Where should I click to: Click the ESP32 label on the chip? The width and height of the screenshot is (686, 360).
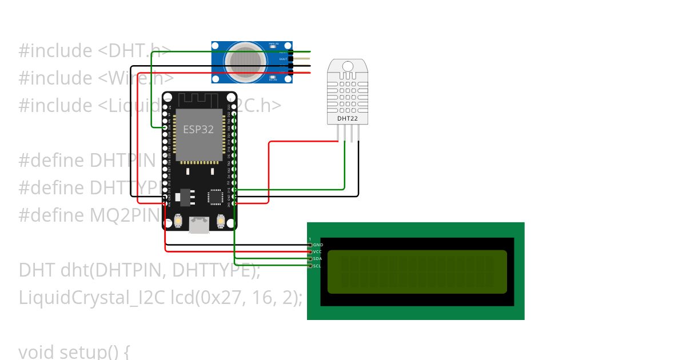198,130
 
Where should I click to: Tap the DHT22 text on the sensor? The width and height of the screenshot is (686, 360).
344,118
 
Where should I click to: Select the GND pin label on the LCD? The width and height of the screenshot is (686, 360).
318,245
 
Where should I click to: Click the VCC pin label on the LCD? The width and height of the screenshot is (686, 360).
318,252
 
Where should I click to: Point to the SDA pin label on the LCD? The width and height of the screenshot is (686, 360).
318,259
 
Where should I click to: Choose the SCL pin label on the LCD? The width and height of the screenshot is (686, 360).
318,266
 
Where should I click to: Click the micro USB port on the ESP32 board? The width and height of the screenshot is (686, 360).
199,226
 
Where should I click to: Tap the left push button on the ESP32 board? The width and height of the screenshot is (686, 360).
178,221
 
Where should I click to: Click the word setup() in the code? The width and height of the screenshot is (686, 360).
93,351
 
